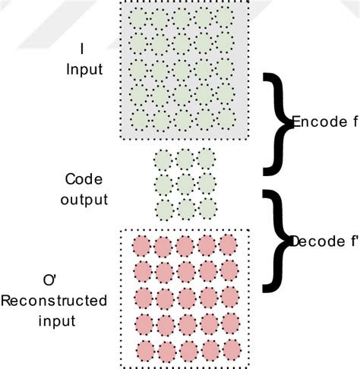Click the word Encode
tap(314, 121)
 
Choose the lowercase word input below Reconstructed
tap(48, 320)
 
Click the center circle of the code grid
tap(185, 184)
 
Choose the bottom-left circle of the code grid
tap(164, 209)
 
